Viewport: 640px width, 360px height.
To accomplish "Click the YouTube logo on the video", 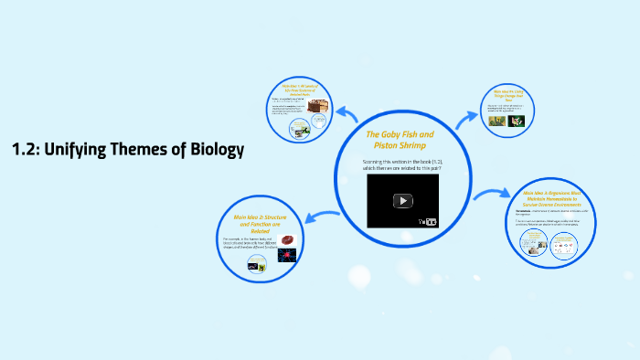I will [x=429, y=221].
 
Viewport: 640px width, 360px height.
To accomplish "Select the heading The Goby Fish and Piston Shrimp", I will [x=400, y=140].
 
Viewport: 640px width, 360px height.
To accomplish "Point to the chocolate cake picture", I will [x=316, y=107].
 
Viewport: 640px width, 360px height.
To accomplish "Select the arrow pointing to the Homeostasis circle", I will [x=491, y=195].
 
